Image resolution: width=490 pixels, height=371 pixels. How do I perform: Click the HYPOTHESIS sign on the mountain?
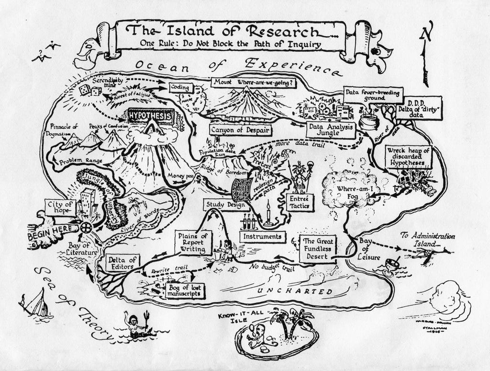coord(151,116)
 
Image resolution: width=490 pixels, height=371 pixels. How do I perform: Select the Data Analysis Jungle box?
coord(330,129)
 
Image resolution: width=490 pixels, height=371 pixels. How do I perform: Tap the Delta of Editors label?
coord(122,262)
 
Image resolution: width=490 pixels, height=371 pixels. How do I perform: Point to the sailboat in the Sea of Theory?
coord(36,303)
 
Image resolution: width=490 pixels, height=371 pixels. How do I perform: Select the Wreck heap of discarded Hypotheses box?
coord(408,157)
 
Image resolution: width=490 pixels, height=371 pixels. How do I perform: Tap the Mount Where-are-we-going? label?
coord(254,82)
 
